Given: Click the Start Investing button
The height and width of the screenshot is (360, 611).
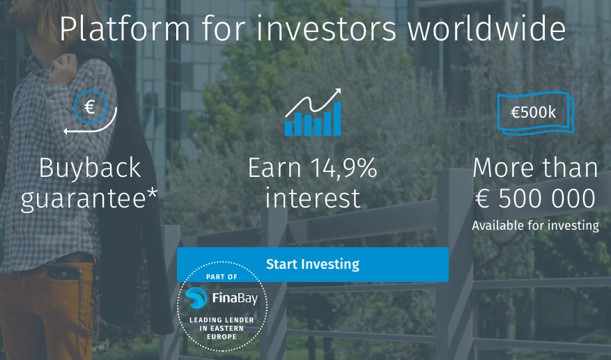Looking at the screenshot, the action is coord(313,264).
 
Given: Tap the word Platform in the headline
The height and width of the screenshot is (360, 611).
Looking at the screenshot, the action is coord(125,28).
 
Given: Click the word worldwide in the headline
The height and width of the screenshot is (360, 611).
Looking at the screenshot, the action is coord(486,28).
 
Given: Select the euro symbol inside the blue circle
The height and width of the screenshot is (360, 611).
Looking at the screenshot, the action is coord(90,107).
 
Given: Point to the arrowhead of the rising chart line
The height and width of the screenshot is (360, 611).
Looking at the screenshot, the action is coord(337,93).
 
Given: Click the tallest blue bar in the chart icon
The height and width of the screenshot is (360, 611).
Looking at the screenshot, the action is coord(337,119).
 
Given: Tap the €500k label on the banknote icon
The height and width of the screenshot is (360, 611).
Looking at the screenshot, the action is coord(534,112).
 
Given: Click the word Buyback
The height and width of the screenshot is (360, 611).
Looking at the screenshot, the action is coord(90,168).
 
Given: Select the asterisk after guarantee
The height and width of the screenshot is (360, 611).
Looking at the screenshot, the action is coord(153,193).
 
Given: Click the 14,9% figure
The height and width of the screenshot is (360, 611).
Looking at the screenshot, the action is coord(344,168).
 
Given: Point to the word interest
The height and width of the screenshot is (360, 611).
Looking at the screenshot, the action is coord(313,198).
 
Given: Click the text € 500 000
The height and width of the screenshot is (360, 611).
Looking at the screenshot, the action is coord(535,198).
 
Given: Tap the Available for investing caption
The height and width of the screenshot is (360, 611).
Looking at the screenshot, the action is coord(535,225).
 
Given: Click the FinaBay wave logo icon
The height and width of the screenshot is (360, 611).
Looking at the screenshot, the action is coord(196,298).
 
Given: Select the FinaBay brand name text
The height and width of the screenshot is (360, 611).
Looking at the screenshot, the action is coord(235,299).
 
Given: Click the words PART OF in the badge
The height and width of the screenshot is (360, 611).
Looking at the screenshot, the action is coord(222,277).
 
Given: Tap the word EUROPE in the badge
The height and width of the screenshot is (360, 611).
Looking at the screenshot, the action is coord(222,336).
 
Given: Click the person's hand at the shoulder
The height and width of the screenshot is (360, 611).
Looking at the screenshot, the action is coord(62,68).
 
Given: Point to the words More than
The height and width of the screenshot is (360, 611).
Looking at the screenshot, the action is coord(535,168).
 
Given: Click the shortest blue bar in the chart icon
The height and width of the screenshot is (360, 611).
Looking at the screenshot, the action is coord(318,127).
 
